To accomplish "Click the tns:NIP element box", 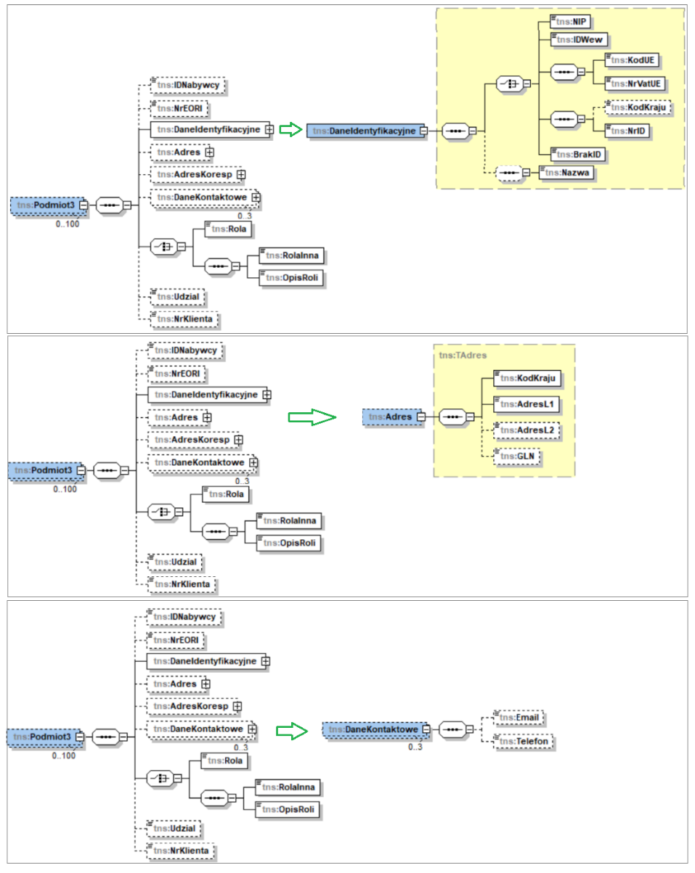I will point(568,22).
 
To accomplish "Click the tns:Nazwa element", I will point(566,172).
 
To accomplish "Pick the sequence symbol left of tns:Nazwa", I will point(508,172).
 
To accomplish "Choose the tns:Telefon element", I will point(523,742).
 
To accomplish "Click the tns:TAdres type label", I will point(463,355).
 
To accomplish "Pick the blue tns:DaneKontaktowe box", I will point(372,729).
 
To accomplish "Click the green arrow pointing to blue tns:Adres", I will point(312,417).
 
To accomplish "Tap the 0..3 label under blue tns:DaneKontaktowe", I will point(415,747).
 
